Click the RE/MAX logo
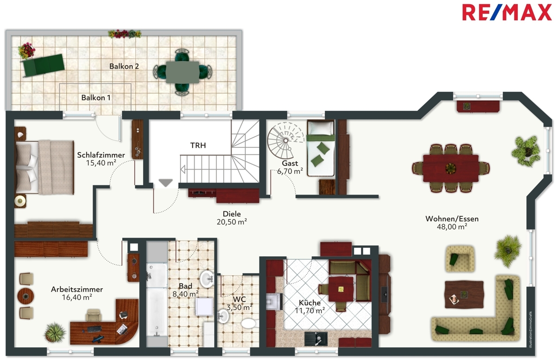507,13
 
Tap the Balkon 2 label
124,66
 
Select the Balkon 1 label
96,98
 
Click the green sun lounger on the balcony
43,65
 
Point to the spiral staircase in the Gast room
285,141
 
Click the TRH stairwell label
198,145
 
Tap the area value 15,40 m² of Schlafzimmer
101,163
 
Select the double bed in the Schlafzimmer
44,167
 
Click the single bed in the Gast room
321,148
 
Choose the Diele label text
232,214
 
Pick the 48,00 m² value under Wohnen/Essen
452,227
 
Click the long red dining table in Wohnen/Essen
451,168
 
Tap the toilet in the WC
249,323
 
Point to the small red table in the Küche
341,289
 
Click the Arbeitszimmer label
77,289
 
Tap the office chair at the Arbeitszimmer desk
93,316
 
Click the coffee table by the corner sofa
464,295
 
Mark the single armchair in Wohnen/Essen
460,259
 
